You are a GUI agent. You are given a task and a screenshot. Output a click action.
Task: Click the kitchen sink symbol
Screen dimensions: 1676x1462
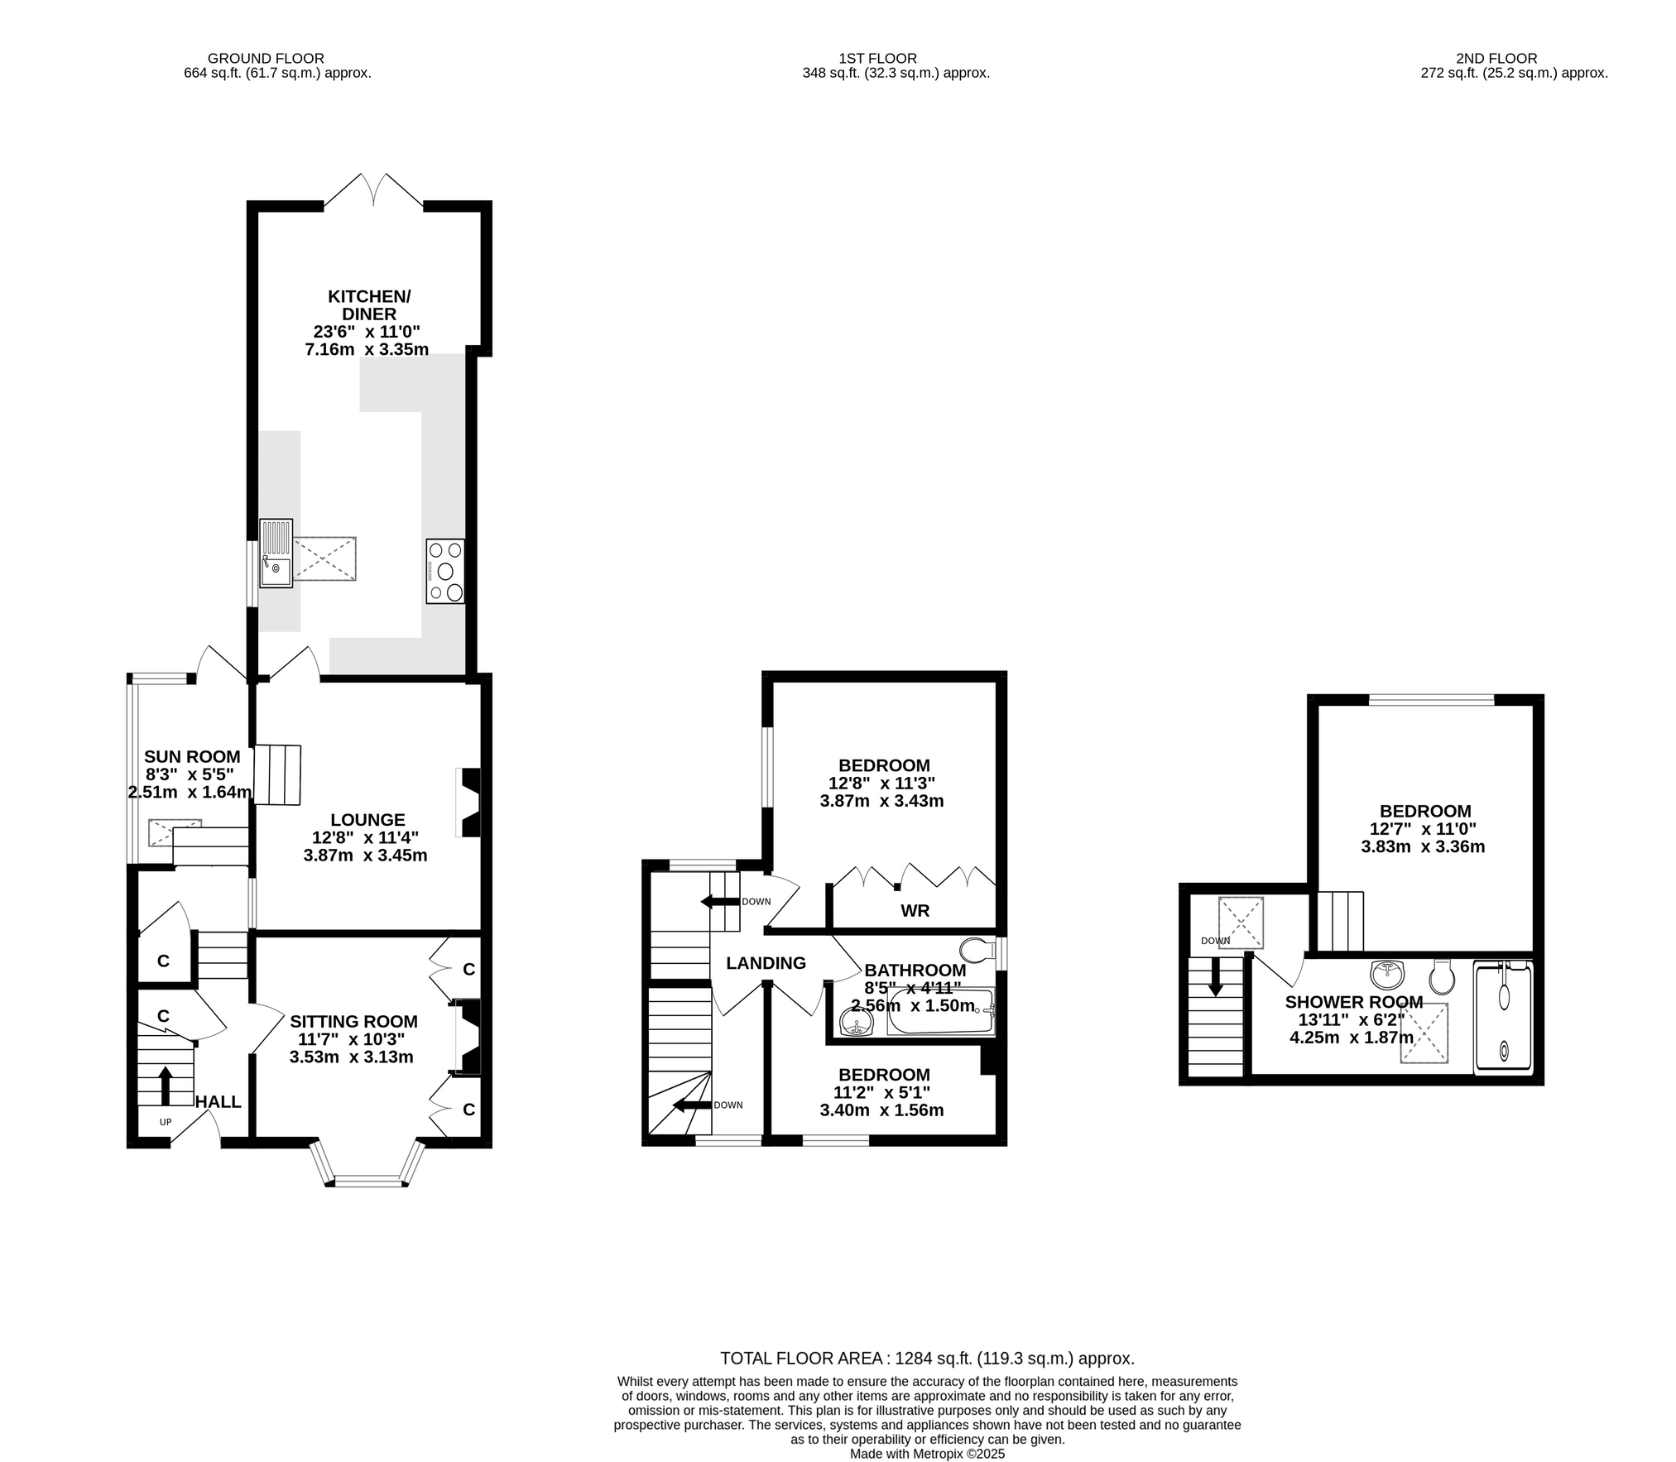[x=276, y=553]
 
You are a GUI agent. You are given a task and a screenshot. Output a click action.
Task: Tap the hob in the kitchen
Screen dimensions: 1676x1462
[x=445, y=571]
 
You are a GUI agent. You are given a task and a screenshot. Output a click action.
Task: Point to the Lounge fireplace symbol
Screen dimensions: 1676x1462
[x=469, y=803]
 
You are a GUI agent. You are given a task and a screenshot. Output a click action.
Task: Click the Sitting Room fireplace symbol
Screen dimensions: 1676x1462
[x=469, y=1038]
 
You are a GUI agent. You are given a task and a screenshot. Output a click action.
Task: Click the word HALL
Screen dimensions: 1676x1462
[x=219, y=1101]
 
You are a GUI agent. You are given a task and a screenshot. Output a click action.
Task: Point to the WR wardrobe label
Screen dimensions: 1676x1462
[x=915, y=911]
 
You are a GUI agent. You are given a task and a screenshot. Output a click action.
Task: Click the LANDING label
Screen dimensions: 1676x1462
[x=766, y=963]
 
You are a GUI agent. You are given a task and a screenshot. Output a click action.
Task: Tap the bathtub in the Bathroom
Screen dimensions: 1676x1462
[x=940, y=1011]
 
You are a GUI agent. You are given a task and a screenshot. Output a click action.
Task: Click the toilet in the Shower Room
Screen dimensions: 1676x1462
[x=1442, y=977]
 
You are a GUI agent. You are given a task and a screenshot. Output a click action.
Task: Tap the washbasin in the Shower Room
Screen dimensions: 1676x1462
[x=1387, y=974]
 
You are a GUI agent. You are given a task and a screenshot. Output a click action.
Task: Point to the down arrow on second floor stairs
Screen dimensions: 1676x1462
[x=1216, y=977]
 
